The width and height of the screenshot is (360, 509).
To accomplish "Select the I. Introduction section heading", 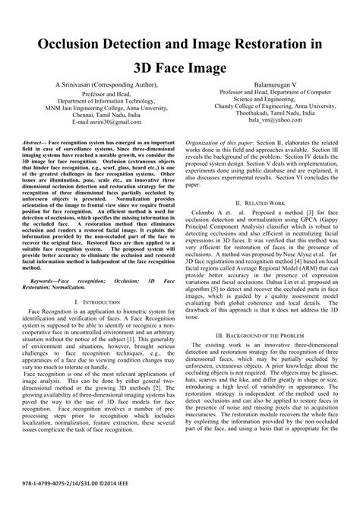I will tap(103, 282).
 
